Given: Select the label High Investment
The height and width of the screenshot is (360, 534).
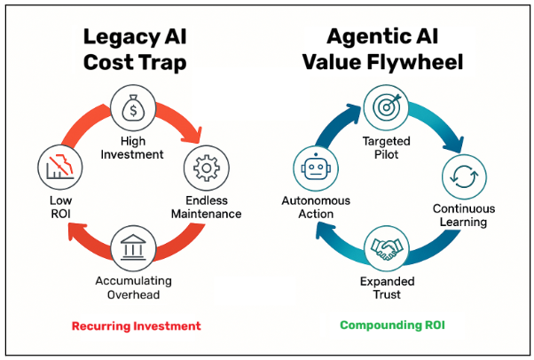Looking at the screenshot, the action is tap(132, 148).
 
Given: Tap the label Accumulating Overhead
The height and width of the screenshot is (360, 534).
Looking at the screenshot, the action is tap(132, 288).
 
